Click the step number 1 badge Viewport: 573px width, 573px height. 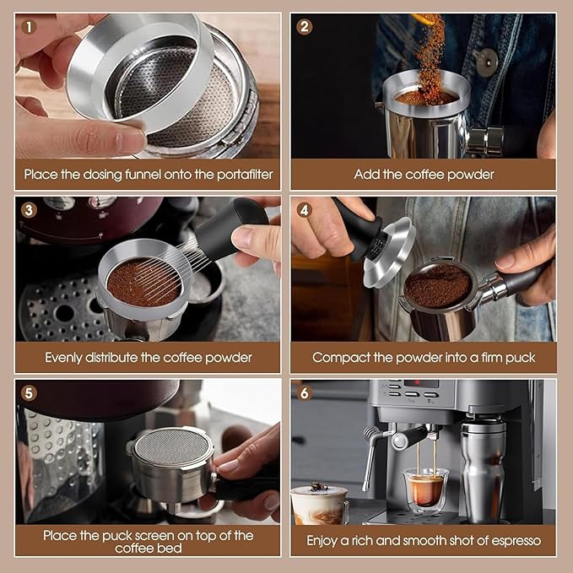coord(30,26)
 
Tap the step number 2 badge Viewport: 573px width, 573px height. coord(305,26)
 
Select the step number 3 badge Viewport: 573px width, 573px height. coord(30,210)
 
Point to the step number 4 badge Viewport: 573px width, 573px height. coord(305,210)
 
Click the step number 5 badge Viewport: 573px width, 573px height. coord(30,392)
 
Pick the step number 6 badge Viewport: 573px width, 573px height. coord(305,392)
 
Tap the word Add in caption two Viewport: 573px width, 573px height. coord(366,175)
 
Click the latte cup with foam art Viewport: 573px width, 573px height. coord(320,504)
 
